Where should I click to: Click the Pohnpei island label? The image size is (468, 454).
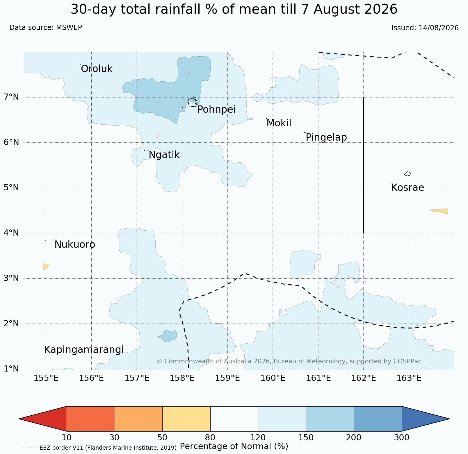216,110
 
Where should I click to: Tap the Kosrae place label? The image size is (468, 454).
408,188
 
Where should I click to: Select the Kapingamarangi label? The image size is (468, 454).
84,350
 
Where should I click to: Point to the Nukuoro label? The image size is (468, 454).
75,245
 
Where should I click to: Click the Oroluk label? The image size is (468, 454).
97,69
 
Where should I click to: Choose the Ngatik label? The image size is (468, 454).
164,155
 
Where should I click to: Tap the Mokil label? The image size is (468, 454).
279,123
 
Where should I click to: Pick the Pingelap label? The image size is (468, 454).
326,137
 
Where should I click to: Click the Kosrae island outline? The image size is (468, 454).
408,173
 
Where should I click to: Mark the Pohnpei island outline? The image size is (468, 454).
192,102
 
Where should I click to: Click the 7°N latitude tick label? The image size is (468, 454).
11,97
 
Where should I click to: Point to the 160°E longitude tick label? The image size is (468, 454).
273,378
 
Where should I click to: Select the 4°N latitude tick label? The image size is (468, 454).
11,233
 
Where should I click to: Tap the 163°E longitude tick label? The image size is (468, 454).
409,378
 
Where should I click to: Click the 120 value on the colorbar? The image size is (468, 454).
258,437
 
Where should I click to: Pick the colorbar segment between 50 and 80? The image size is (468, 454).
186,419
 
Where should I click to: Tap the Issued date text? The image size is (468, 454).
425,28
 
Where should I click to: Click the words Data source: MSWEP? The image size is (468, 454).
46,28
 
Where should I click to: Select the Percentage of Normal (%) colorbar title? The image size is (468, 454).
234,446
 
